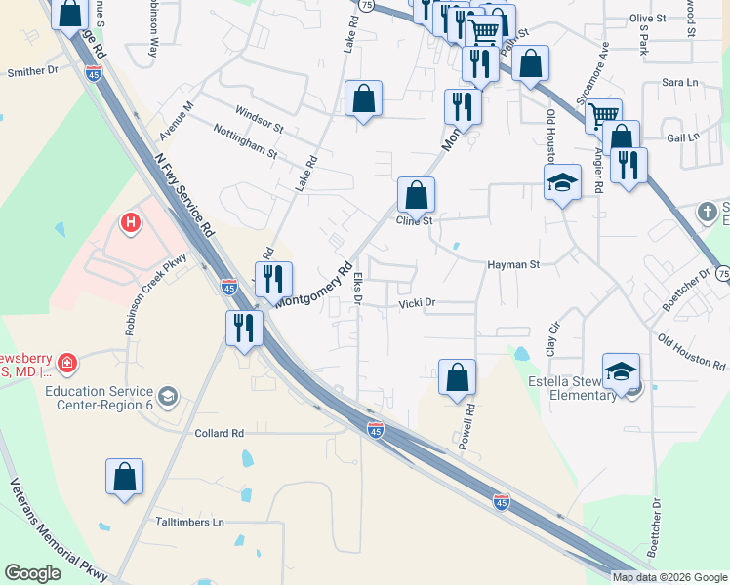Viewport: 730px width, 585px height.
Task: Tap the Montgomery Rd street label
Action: click(x=314, y=284)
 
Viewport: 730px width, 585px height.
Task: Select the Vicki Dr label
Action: click(x=417, y=303)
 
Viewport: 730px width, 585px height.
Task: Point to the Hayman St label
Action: click(x=513, y=264)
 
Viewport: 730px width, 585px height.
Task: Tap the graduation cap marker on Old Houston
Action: click(x=562, y=182)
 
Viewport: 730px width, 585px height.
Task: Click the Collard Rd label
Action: click(x=219, y=433)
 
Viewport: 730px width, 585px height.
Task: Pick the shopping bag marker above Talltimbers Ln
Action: click(x=124, y=477)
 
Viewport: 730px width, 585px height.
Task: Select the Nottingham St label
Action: click(x=245, y=147)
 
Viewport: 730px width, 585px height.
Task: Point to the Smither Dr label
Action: click(x=33, y=71)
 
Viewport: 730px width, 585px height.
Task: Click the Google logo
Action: click(x=33, y=572)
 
